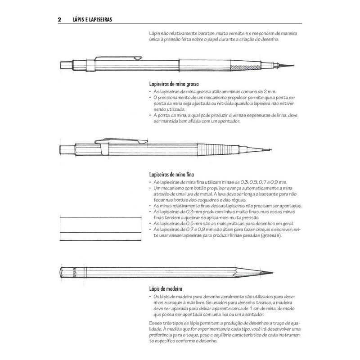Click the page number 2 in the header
(x=60, y=20)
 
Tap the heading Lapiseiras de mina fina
(x=171, y=174)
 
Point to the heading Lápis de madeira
(x=165, y=288)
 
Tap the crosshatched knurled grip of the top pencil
(x=241, y=67)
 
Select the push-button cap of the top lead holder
(x=66, y=64)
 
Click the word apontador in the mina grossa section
(x=230, y=121)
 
